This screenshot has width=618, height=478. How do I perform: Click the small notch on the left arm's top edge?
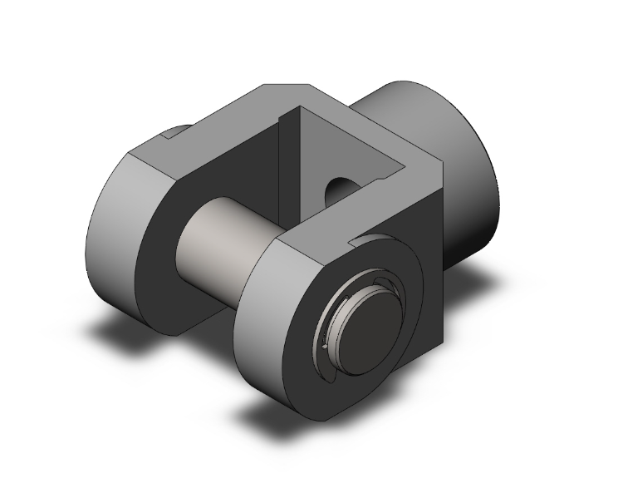pos(176,131)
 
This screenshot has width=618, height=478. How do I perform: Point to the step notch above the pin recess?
pos(365,240)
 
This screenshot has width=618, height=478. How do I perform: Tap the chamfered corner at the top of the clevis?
pos(287,87)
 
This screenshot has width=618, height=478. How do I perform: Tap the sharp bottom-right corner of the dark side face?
pos(444,343)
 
